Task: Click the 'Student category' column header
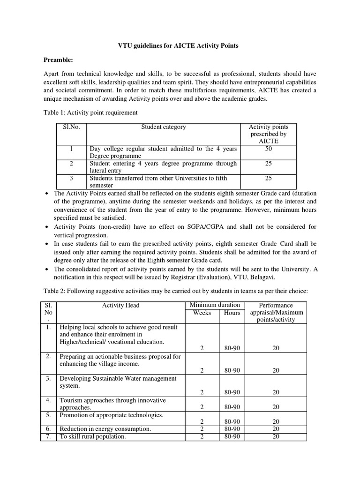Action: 164,127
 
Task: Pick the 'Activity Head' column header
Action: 120,305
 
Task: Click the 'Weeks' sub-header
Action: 202,313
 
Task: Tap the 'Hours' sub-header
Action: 232,313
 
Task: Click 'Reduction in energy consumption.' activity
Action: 105,428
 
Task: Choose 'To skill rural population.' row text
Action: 92,436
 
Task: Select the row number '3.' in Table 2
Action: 48,378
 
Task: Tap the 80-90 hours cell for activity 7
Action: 232,436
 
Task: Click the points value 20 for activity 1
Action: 276,348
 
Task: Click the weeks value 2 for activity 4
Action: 202,407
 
